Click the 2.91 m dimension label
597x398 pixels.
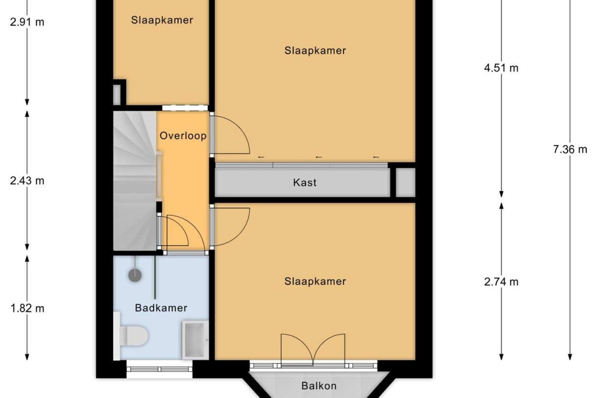pyautogui.click(x=27, y=22)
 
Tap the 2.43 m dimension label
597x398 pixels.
pyautogui.click(x=27, y=181)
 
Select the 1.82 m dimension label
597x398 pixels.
pyautogui.click(x=27, y=308)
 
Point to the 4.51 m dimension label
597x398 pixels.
pyautogui.click(x=501, y=68)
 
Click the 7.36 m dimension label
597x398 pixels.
pyautogui.click(x=570, y=149)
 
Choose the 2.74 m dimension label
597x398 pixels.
pyautogui.click(x=501, y=282)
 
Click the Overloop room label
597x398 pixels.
pyautogui.click(x=183, y=136)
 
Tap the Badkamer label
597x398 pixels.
pyautogui.click(x=161, y=308)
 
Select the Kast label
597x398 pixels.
pyautogui.click(x=304, y=183)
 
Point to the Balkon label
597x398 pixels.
pyautogui.click(x=319, y=386)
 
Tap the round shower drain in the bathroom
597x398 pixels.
pyautogui.click(x=135, y=275)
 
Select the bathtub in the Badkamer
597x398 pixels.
pyautogui.click(x=195, y=339)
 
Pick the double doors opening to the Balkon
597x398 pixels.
pyautogui.click(x=313, y=350)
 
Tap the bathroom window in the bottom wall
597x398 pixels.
pyautogui.click(x=160, y=369)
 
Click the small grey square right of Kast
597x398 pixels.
pyautogui.click(x=405, y=183)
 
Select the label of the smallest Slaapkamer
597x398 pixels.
pyautogui.click(x=161, y=20)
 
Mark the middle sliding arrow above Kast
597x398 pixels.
pyautogui.click(x=319, y=157)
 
